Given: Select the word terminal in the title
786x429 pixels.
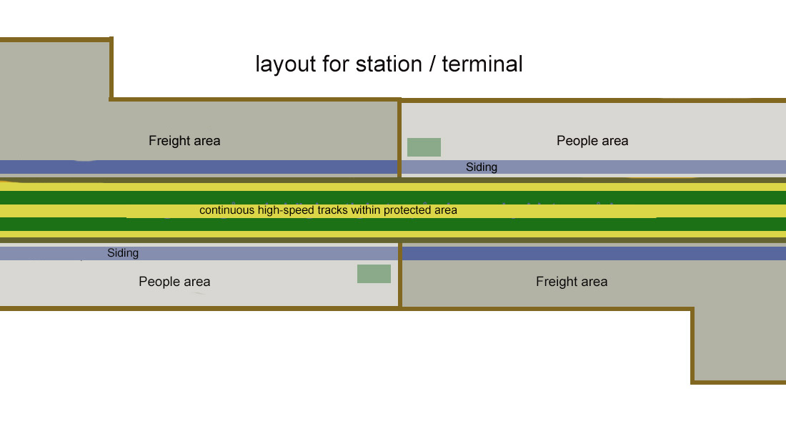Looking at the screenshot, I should [482, 64].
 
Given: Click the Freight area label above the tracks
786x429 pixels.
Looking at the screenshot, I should [184, 141].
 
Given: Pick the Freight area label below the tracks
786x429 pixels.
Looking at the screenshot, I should [572, 282].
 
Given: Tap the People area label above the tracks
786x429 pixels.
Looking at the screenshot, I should [592, 141].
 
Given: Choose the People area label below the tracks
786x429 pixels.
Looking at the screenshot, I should [174, 282].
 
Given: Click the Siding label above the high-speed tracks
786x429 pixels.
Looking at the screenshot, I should [482, 167].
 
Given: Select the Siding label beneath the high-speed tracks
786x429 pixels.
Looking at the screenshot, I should [123, 253].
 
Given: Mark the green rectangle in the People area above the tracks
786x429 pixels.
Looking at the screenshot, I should [424, 147].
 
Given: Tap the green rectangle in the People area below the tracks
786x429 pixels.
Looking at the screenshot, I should [374, 274].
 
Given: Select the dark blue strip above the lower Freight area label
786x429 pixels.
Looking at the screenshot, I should [593, 253].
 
